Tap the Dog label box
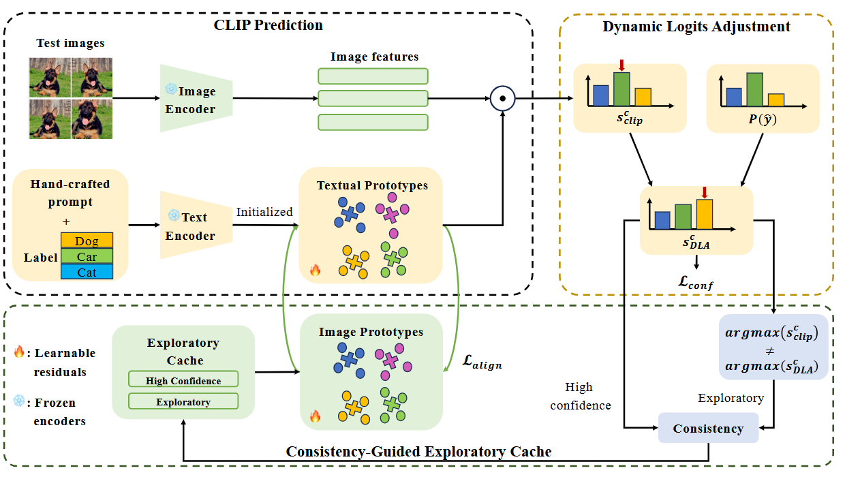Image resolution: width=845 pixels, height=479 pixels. click(87, 241)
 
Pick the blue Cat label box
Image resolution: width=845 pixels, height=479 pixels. click(87, 272)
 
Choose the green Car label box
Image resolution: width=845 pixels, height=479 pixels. click(87, 256)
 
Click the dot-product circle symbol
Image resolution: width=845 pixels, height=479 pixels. click(502, 98)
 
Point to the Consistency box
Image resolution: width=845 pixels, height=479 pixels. click(708, 428)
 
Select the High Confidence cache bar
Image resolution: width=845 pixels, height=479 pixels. click(183, 380)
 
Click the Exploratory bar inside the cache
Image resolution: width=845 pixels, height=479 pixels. click(183, 401)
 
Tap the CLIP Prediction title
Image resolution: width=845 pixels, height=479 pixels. click(268, 25)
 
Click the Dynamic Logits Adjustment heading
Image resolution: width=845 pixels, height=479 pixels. click(696, 27)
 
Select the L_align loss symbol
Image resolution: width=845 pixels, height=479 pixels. click(482, 363)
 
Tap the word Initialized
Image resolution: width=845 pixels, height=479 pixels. click(264, 212)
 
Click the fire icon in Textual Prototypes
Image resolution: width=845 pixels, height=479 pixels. click(315, 271)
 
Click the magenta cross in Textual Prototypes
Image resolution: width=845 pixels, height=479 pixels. click(390, 215)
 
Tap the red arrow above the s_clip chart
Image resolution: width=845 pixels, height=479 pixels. click(621, 65)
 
